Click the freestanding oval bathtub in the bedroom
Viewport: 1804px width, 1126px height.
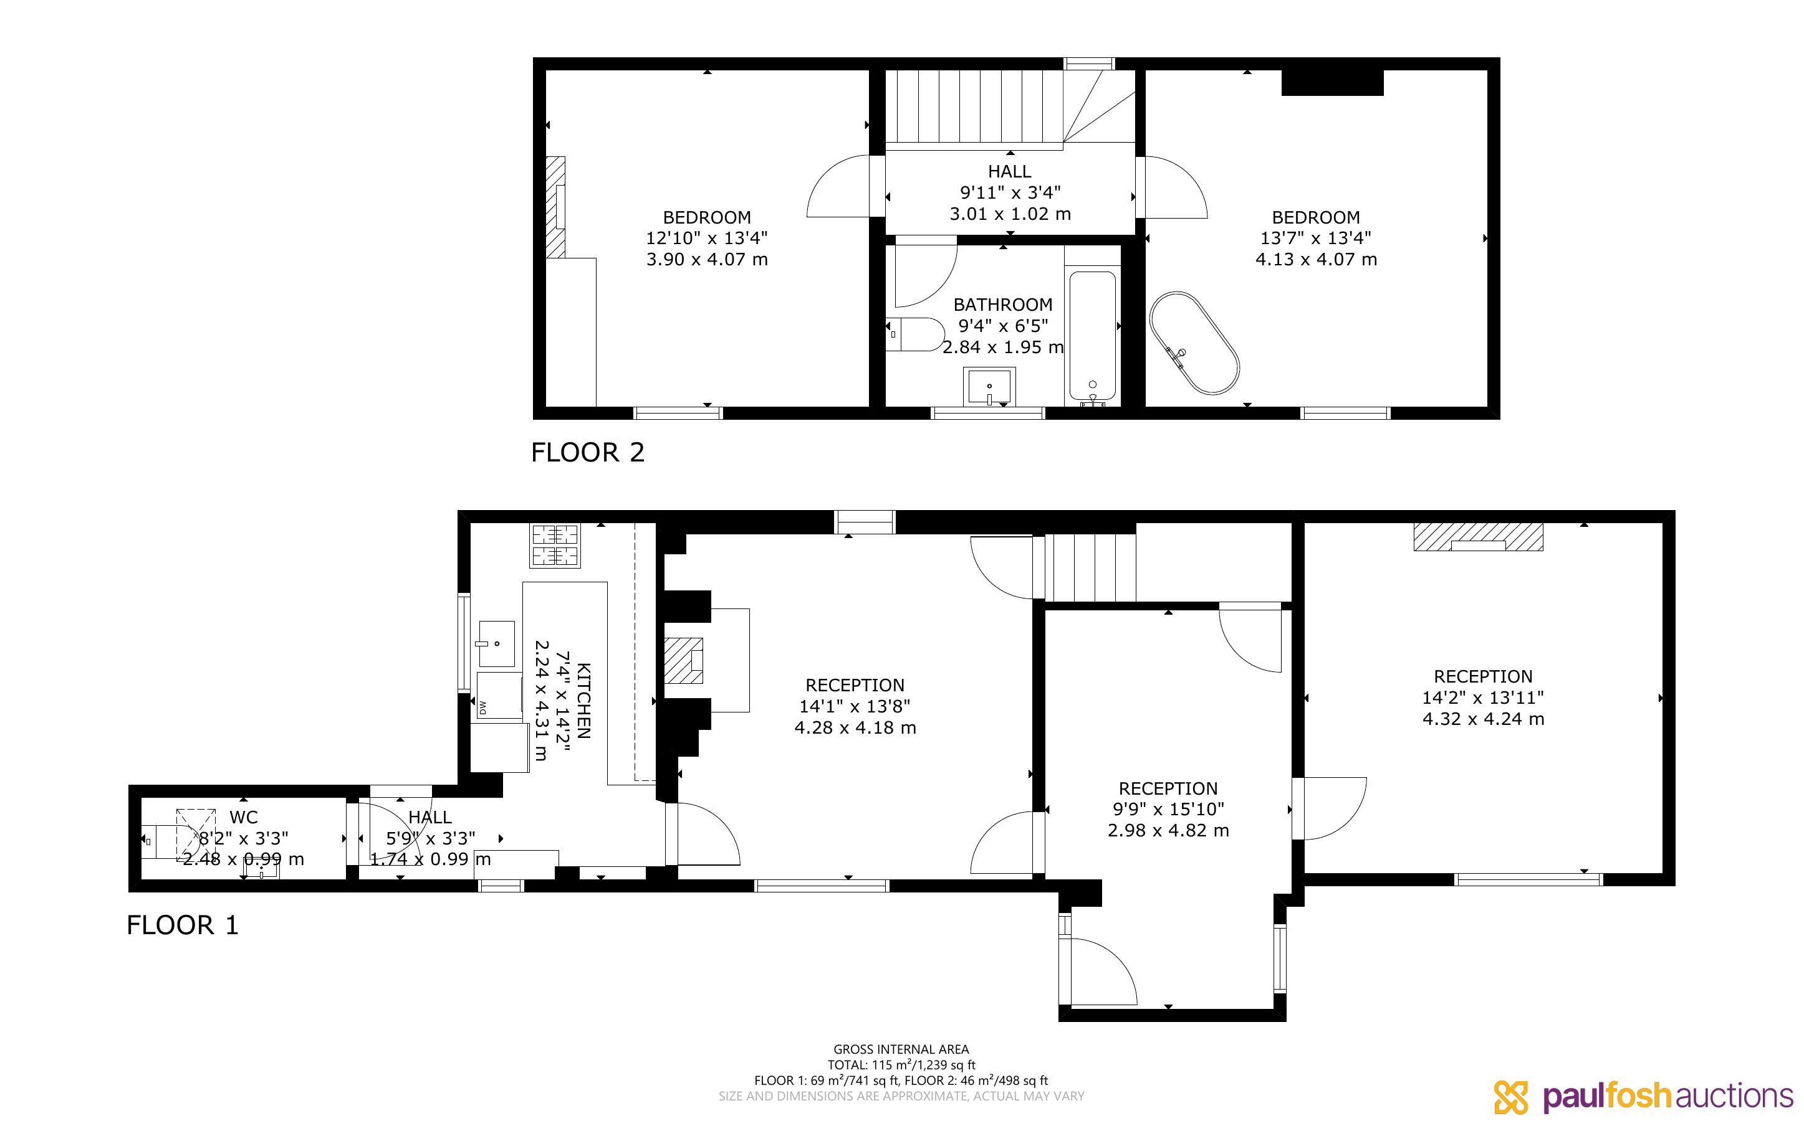click(1194, 343)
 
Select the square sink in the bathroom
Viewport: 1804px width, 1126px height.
click(989, 387)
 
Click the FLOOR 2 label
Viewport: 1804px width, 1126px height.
click(587, 452)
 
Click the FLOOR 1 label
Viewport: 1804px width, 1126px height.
click(183, 925)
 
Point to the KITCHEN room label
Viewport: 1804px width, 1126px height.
click(584, 700)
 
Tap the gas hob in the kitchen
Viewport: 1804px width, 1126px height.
click(555, 546)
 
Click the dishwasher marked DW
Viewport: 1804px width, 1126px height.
click(499, 696)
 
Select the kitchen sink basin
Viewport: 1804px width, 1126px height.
click(496, 643)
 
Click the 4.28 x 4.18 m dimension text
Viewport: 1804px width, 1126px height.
click(855, 727)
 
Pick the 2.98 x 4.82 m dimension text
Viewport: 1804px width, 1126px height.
click(1168, 830)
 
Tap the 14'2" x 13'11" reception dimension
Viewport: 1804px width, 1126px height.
click(1483, 698)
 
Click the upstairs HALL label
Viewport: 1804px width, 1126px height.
click(1010, 171)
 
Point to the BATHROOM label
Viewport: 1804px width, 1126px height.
click(1003, 305)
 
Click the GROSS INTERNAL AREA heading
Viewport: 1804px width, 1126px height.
click(901, 1050)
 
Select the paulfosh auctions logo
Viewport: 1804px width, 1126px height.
click(1644, 1096)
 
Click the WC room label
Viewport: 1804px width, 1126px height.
click(244, 818)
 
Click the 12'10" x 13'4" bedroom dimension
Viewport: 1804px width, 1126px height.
click(706, 239)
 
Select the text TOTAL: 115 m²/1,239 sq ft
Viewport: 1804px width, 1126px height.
click(901, 1065)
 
